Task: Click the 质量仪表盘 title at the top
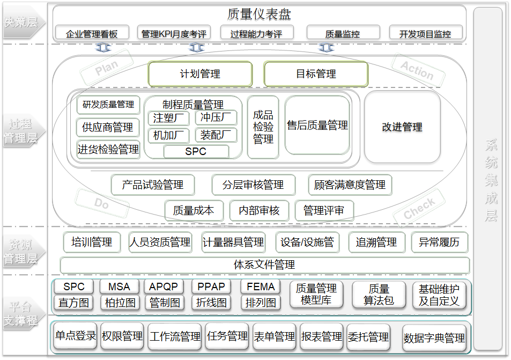tap(259, 14)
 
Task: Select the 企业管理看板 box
tap(92, 33)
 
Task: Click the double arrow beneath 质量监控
tap(326, 48)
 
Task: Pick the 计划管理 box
tap(200, 74)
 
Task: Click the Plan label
tap(106, 68)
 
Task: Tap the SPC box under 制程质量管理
tap(196, 152)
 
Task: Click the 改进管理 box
tap(402, 127)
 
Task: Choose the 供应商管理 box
tap(108, 128)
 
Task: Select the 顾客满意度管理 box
tap(350, 185)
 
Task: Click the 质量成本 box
tap(194, 211)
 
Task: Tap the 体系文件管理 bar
tap(264, 265)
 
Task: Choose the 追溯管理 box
tap(376, 243)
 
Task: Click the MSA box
tap(119, 287)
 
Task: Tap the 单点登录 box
tap(75, 336)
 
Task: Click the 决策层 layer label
tap(21, 22)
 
